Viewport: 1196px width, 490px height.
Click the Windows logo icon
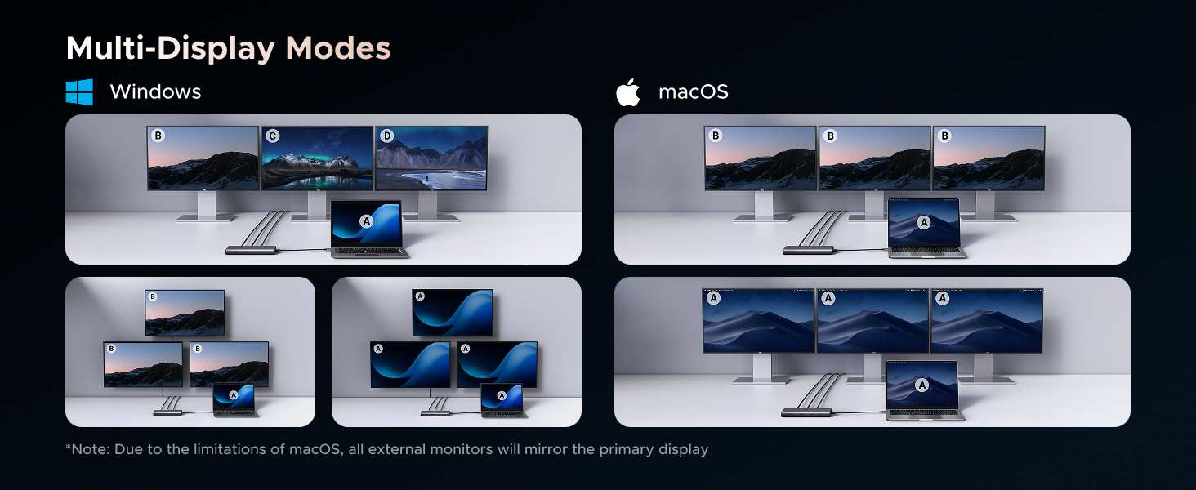click(79, 91)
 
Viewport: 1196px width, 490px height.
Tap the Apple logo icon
click(628, 92)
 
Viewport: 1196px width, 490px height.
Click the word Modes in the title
click(338, 48)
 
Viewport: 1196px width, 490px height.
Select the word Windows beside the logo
click(155, 91)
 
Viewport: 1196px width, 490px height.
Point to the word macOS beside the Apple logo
click(693, 91)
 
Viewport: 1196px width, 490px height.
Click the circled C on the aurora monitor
click(272, 136)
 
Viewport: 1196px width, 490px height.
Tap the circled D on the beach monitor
click(386, 136)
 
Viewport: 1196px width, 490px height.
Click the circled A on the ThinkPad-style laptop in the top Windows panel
click(366, 221)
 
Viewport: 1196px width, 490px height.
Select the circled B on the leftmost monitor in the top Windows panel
click(158, 136)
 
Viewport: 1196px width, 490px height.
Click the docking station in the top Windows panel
click(252, 250)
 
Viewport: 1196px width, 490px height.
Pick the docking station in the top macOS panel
click(809, 250)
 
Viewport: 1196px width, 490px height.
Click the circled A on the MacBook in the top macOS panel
click(924, 222)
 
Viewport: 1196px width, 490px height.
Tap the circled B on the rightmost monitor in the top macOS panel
click(944, 136)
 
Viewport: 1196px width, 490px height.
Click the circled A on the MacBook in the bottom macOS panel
click(922, 385)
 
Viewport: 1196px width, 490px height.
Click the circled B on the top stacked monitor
click(153, 296)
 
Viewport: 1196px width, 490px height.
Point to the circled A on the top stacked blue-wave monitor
click(420, 296)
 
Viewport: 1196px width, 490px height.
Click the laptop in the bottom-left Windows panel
click(235, 400)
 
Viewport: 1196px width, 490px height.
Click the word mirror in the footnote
click(545, 449)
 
